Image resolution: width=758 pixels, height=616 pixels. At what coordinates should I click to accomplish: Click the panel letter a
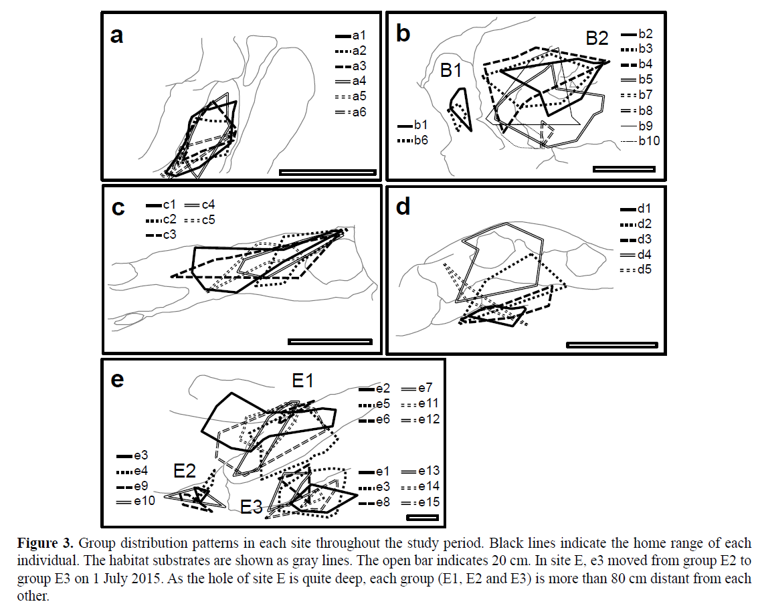(116, 35)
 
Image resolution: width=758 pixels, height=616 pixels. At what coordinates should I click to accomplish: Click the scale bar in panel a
(327, 172)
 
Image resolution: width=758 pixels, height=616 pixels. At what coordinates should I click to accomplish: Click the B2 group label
(597, 38)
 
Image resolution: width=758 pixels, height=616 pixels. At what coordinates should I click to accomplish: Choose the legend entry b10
(640, 140)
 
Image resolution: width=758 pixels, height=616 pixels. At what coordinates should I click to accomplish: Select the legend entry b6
(413, 140)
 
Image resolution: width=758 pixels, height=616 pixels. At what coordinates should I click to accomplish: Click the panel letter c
(118, 208)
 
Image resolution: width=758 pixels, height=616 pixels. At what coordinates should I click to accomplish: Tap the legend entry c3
(160, 235)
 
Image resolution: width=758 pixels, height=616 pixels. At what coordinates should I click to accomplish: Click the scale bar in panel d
(611, 345)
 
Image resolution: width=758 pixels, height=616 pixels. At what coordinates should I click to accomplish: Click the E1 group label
(302, 381)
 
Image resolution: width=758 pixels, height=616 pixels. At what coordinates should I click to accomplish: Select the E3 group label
(252, 506)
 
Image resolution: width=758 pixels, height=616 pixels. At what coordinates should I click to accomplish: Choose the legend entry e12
(421, 419)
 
